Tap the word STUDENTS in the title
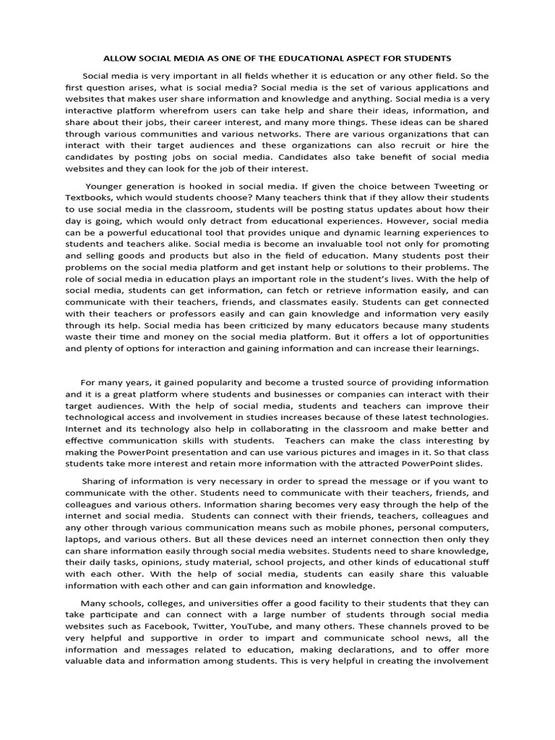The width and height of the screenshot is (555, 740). point(426,57)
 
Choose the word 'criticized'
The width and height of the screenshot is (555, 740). point(265,324)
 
